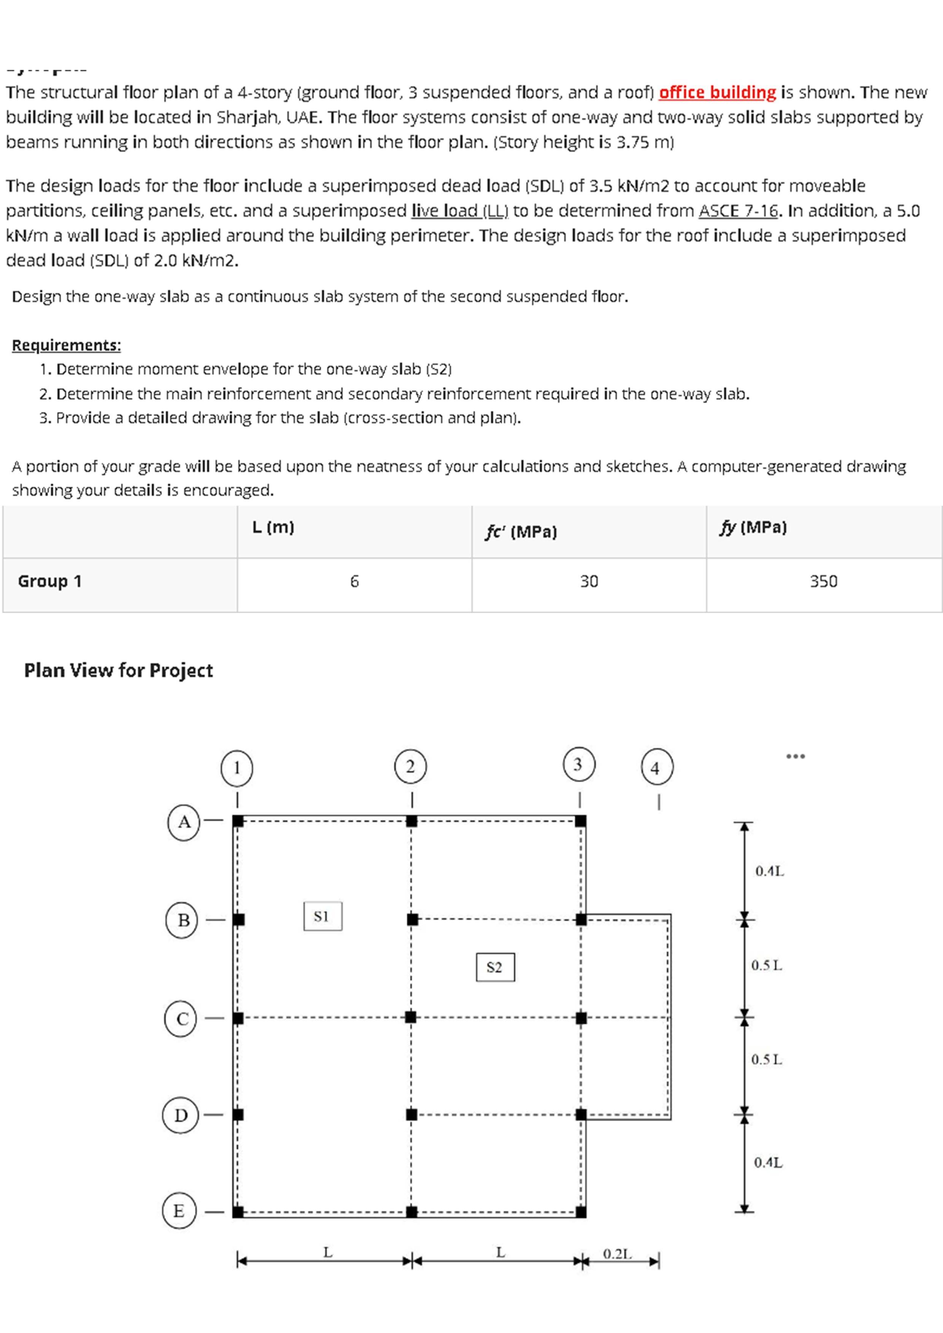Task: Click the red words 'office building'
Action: tap(717, 92)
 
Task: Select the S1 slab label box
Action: tap(322, 916)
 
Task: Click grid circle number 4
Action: tap(657, 768)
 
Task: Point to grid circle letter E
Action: tap(179, 1211)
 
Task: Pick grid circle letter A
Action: tap(184, 822)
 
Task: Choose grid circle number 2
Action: tap(410, 766)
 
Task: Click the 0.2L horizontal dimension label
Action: tap(616, 1254)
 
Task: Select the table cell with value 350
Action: tap(823, 581)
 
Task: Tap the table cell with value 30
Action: tap(589, 581)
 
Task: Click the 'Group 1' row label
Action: tap(50, 581)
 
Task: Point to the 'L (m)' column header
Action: tap(273, 527)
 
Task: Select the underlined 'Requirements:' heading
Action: tap(66, 345)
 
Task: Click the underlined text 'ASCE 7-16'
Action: tap(738, 211)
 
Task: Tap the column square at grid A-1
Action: tap(238, 821)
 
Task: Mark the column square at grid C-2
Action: tap(411, 1017)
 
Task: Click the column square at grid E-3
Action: tap(581, 1212)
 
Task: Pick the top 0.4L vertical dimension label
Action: tap(769, 871)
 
